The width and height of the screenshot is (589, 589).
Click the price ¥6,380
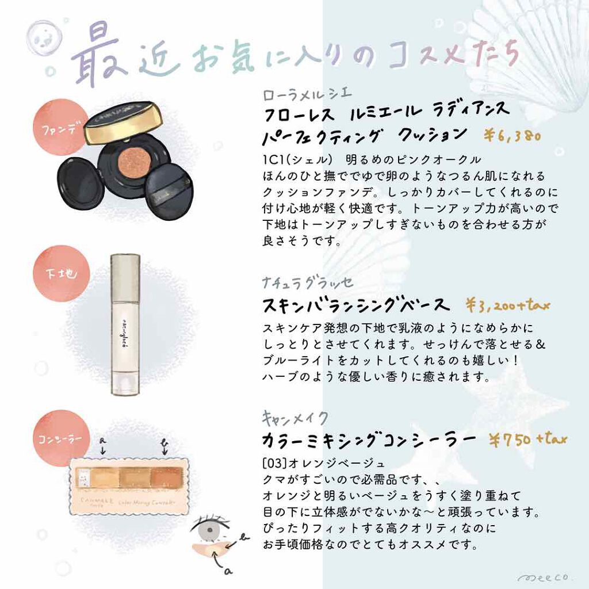tap(511, 136)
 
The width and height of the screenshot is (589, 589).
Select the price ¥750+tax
tap(528, 439)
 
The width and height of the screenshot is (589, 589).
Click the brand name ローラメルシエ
tap(307, 94)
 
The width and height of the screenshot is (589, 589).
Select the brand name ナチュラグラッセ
tap(308, 283)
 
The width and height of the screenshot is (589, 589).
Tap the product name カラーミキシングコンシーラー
tap(369, 440)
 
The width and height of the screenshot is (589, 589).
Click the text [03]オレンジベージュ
tap(323, 463)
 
